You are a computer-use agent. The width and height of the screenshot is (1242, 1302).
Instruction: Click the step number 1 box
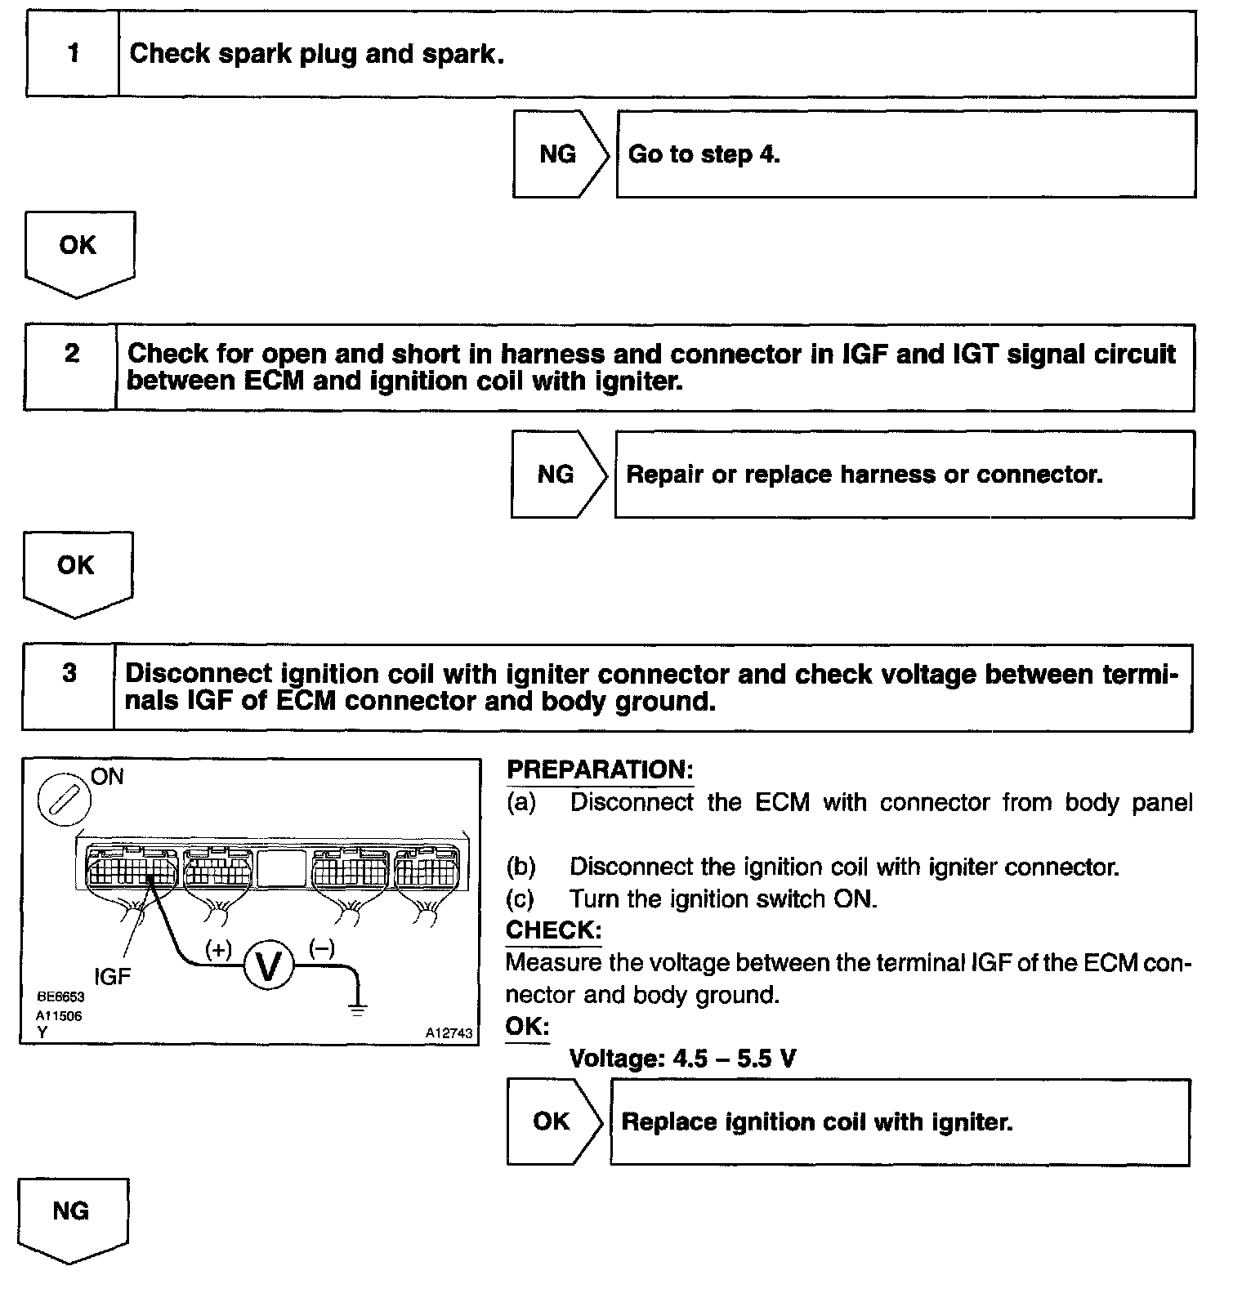(x=73, y=54)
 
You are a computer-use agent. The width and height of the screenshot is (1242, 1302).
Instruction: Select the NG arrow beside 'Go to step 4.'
(x=560, y=154)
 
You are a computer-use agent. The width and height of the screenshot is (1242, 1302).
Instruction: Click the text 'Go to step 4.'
(x=704, y=154)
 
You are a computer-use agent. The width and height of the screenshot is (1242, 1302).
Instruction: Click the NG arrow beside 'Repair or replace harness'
(x=557, y=475)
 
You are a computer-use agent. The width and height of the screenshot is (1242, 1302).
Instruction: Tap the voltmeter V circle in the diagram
(x=269, y=966)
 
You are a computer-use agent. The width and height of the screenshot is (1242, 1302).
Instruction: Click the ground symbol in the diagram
(x=358, y=1010)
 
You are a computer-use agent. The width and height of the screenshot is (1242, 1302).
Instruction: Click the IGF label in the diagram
(x=112, y=976)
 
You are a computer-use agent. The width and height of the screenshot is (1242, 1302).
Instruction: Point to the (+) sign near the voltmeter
(x=219, y=949)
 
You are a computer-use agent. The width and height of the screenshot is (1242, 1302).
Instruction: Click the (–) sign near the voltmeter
(x=322, y=948)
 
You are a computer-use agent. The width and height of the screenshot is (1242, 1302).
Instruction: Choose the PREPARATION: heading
(x=600, y=769)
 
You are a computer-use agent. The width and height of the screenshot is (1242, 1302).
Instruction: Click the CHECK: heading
(x=553, y=930)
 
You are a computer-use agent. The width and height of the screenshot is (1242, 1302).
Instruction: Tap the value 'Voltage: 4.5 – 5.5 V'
(x=682, y=1059)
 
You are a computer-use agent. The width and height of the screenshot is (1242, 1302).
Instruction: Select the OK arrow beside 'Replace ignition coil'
(x=553, y=1121)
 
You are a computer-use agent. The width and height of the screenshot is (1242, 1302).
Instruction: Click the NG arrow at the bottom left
(x=73, y=1217)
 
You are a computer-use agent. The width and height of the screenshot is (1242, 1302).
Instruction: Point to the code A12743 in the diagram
(x=449, y=1033)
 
